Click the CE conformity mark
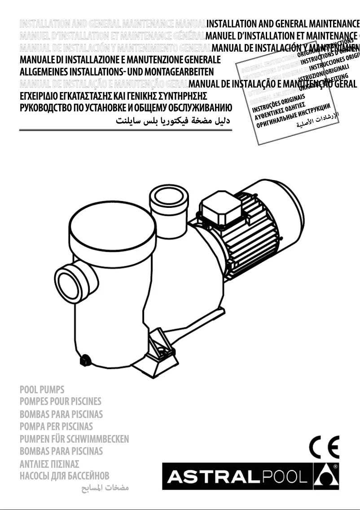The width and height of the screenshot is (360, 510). pos(324,448)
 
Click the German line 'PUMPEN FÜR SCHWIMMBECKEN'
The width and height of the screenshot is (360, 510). pos(75,439)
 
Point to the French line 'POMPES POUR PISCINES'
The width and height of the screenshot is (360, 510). pos(61,401)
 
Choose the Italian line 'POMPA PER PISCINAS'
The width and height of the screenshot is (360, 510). pos(57,426)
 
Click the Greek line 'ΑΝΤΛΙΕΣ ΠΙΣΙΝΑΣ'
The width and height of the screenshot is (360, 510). pos(50,463)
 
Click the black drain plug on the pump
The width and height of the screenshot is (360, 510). pos(83,360)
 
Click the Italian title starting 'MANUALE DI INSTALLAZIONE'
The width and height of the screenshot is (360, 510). pos(121,60)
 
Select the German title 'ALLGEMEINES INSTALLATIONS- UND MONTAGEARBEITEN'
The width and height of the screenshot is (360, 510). pos(117,72)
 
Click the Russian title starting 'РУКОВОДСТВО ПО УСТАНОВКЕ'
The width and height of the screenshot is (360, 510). pos(126,108)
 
